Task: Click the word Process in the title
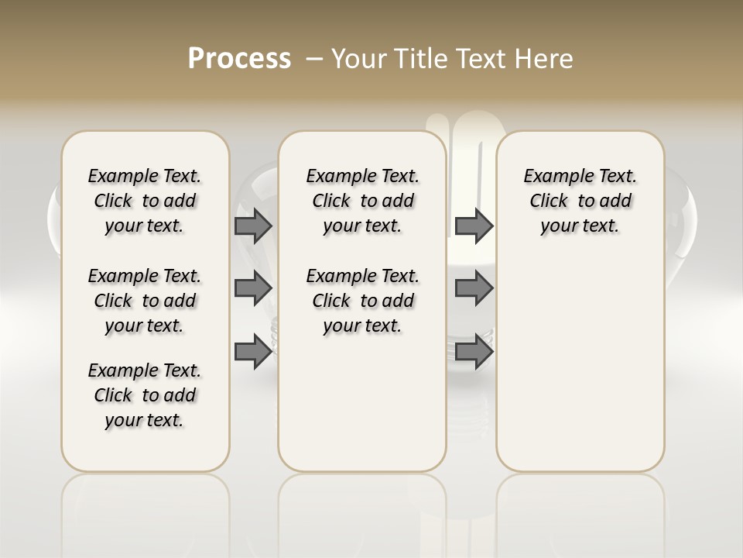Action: pyautogui.click(x=239, y=59)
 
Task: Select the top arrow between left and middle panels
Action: pyautogui.click(x=252, y=226)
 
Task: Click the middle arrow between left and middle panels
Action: pyautogui.click(x=252, y=288)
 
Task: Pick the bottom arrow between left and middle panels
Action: pyautogui.click(x=252, y=351)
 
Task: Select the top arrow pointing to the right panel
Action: pyautogui.click(x=474, y=226)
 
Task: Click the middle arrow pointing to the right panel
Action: pyautogui.click(x=474, y=288)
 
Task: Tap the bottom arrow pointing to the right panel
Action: pyautogui.click(x=474, y=351)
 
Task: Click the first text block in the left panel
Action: pyautogui.click(x=145, y=201)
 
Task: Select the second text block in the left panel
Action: pyautogui.click(x=145, y=301)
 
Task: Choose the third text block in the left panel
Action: pyautogui.click(x=145, y=395)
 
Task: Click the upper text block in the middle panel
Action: pyautogui.click(x=362, y=201)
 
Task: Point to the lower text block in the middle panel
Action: pyautogui.click(x=362, y=301)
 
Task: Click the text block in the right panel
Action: pyautogui.click(x=580, y=201)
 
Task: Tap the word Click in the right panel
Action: pyautogui.click(x=549, y=201)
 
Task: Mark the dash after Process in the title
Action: pyautogui.click(x=315, y=59)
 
